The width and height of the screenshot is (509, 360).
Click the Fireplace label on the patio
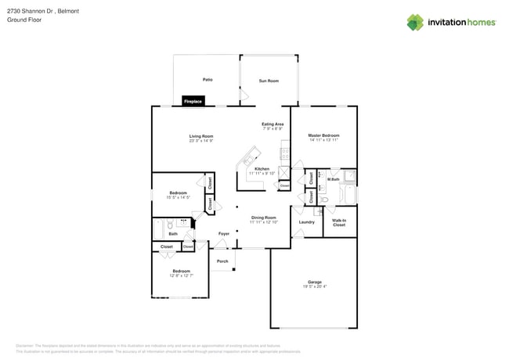tap(193, 101)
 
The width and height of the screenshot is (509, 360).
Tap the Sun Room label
tap(269, 81)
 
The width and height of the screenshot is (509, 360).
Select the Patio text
tap(208, 80)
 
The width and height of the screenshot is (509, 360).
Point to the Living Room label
tap(201, 136)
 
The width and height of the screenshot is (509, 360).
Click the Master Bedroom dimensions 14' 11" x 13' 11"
tap(323, 141)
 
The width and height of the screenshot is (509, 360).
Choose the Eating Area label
tap(273, 124)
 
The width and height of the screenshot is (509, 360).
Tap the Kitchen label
tap(262, 168)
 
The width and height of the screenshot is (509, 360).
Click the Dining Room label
tap(263, 218)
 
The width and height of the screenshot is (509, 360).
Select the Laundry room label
tap(307, 221)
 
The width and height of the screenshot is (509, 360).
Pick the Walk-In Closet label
tap(339, 222)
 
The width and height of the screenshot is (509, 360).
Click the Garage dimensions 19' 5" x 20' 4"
tap(315, 286)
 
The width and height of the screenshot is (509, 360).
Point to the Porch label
tap(222, 261)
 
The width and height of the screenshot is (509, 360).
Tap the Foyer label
tap(224, 233)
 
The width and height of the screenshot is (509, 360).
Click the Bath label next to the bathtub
tap(173, 233)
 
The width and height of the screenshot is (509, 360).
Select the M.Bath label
tap(333, 179)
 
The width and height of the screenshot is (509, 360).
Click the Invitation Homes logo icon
tap(415, 22)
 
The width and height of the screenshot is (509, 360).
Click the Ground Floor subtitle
tap(24, 20)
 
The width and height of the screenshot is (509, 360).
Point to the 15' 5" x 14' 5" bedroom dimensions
tap(179, 197)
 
